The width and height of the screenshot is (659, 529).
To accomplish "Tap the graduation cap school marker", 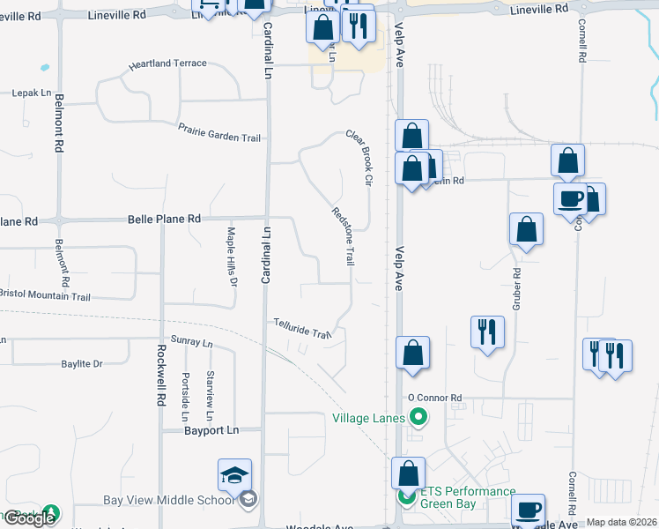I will point(235,476).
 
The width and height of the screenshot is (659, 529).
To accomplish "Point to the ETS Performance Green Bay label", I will point(467,497).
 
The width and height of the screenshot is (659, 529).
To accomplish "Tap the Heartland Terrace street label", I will point(167,64).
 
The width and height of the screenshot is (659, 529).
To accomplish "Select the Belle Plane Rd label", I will point(164,219).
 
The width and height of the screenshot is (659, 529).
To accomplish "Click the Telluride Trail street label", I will point(301,329).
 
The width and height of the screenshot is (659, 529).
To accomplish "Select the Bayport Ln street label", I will point(212,430).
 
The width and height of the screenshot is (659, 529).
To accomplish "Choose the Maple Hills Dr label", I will point(232,257).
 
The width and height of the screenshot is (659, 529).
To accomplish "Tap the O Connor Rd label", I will point(435,399).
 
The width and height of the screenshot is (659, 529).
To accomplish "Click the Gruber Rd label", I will point(513,287).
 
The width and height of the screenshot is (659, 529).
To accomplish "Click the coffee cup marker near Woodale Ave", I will point(529,510).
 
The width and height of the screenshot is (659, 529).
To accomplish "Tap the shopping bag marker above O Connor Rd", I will point(412,353).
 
